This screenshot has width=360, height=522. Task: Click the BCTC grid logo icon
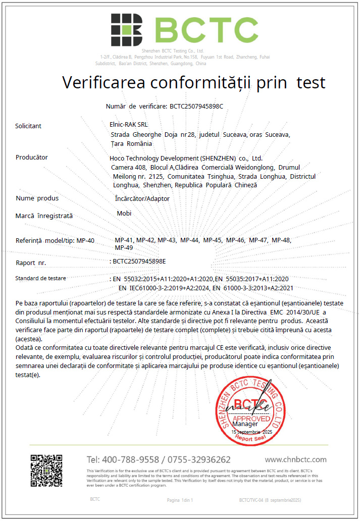point(126,29)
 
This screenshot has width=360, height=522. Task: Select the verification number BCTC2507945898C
point(196,107)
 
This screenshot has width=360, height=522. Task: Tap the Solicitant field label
point(28,126)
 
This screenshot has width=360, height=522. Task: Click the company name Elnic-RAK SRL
point(129,124)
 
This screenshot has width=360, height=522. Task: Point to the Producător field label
point(32,157)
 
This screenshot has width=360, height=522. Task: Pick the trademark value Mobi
point(124,213)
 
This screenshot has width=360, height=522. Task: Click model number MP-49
point(124,247)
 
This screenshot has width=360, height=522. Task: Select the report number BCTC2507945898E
point(139,262)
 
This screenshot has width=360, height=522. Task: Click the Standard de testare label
point(40,278)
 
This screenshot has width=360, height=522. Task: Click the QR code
point(46,470)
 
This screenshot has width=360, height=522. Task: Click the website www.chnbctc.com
point(295,459)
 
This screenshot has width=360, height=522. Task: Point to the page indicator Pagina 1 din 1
point(180,500)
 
